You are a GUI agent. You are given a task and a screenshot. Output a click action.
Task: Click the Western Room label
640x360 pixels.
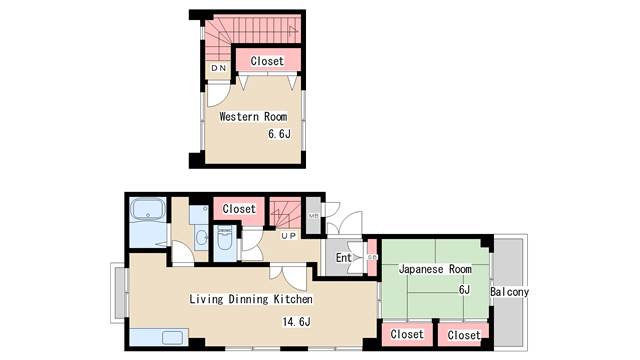click(253, 117)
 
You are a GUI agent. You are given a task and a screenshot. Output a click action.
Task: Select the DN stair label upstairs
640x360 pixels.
click(218, 68)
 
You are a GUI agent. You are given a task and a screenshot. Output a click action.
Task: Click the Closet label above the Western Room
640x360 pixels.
click(267, 62)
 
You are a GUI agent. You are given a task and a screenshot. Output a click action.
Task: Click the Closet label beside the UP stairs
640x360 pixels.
click(239, 209)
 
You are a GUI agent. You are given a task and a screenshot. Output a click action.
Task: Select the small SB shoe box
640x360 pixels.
click(372, 257)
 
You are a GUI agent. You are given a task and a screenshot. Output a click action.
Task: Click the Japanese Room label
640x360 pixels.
click(435, 269)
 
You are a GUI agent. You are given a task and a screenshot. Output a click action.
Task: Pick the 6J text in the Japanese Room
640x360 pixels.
click(463, 290)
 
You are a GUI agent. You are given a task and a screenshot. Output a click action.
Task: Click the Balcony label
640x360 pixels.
click(510, 292)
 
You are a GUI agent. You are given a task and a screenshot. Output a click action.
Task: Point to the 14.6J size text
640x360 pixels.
click(296, 322)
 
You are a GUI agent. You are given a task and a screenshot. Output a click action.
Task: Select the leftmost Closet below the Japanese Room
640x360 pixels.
click(406, 334)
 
